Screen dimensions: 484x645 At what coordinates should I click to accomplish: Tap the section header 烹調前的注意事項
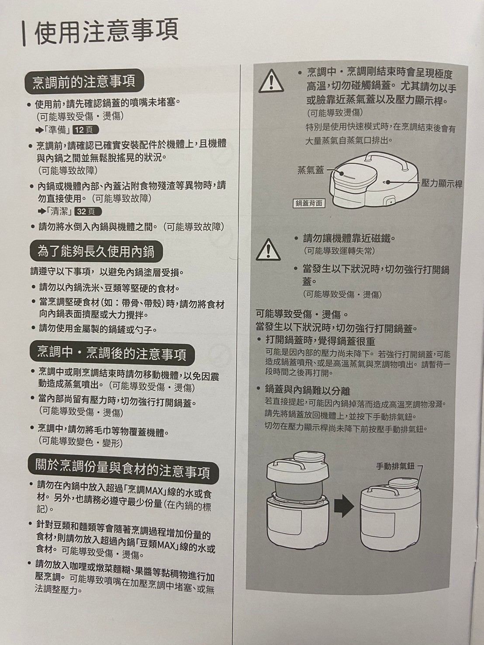pos(84,81)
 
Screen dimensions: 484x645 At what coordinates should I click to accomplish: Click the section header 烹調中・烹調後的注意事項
pos(111,353)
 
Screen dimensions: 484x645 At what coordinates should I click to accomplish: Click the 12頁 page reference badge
pos(86,130)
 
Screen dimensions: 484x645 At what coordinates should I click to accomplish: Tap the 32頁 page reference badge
pos(88,211)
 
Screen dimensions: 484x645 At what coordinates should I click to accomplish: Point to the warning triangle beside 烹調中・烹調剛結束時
pos(271,81)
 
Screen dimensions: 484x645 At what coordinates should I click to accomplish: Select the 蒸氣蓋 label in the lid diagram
pos(311,170)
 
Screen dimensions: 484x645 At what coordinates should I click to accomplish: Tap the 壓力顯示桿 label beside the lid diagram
pos(441,184)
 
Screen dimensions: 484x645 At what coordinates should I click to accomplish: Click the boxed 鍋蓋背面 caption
pos(309,203)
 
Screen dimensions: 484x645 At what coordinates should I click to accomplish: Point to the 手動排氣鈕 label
pos(395,466)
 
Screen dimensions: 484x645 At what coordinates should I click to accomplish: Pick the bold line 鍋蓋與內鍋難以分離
pos(308,391)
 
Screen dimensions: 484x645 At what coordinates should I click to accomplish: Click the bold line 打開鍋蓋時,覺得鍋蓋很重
pos(320,341)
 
